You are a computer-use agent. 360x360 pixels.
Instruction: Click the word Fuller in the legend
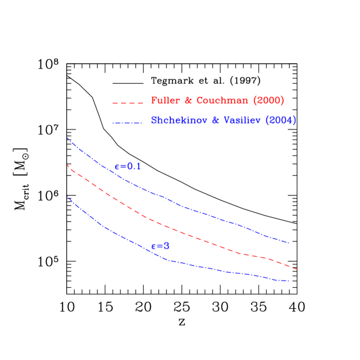point(164,101)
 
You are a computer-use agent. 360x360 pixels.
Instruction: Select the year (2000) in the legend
point(268,101)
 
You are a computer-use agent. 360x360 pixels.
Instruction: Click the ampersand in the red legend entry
point(187,101)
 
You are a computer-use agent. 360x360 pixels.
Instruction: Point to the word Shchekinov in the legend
point(177,120)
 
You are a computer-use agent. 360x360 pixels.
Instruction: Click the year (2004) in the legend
point(282,120)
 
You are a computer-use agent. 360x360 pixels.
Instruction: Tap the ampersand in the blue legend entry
point(214,120)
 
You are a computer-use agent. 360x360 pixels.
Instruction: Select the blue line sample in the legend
point(128,123)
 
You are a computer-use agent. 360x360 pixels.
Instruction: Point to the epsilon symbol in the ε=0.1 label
point(117,167)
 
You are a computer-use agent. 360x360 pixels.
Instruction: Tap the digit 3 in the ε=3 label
point(166,246)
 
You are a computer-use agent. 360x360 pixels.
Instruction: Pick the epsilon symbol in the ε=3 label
point(154,246)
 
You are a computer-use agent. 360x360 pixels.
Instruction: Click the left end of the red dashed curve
point(67,164)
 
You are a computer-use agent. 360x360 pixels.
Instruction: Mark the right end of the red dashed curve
point(297,269)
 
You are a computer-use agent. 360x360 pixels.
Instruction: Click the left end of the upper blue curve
point(67,138)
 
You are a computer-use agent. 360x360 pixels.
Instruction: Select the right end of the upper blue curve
point(290,243)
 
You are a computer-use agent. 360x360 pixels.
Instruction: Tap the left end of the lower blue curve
point(67,196)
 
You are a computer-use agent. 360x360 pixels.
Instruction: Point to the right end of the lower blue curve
point(290,281)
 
